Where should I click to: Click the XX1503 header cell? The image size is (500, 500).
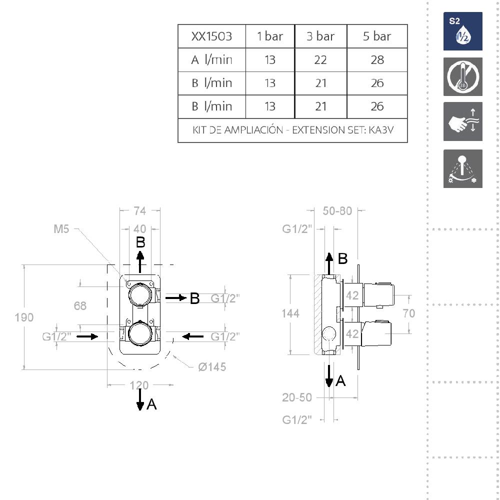coord(211,36)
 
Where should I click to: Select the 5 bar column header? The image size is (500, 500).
coord(377,36)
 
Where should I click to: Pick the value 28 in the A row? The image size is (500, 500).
coord(377,60)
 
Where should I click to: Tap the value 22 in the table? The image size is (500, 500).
coord(320,60)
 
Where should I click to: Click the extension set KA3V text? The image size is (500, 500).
coord(292,130)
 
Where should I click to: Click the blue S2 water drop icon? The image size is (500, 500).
coord(462,31)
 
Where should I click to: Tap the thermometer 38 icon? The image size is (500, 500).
coord(462,77)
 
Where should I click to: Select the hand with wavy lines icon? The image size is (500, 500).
coord(462,121)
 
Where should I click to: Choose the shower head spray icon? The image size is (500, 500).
coord(462,168)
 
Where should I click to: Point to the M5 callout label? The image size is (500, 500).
coord(61,229)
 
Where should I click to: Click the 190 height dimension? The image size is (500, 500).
coord(24,317)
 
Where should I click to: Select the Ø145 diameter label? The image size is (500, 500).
coord(212,367)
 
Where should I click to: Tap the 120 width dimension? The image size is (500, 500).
coord(139,385)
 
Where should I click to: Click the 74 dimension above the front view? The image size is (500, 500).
coord(139,211)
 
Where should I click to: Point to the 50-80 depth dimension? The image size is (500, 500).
coord(337,211)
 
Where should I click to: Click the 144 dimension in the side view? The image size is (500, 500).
coord(290,314)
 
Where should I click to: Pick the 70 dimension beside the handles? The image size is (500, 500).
coord(409,313)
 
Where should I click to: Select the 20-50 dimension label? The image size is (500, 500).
coord(297,397)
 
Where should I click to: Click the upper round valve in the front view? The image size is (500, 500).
coord(140,294)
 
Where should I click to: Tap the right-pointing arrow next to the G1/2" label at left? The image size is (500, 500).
coord(87,336)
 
